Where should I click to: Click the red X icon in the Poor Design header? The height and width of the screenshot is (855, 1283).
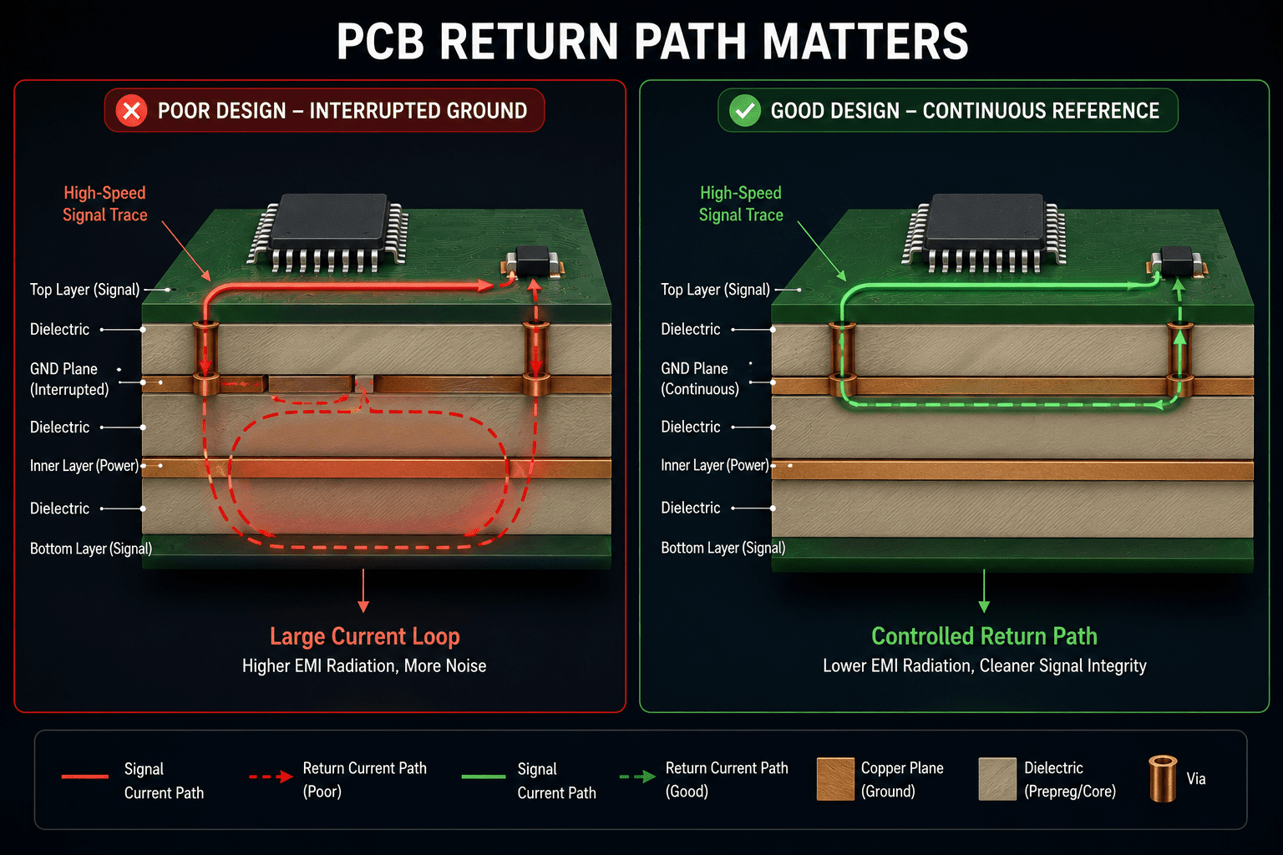(131, 110)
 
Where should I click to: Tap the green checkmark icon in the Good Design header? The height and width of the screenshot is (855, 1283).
(744, 110)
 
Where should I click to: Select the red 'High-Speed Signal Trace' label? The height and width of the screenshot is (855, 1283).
(104, 204)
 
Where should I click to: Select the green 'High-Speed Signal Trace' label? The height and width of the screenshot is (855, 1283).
(741, 204)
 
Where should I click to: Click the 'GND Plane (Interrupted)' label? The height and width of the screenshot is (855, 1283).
(68, 379)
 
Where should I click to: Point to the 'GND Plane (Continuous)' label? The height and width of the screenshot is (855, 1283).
(699, 378)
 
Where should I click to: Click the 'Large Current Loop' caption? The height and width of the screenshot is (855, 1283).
(365, 636)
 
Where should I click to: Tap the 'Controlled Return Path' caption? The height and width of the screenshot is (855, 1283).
(984, 636)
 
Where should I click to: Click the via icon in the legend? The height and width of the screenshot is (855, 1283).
(1163, 779)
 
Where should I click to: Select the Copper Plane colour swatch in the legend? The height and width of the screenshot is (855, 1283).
(835, 779)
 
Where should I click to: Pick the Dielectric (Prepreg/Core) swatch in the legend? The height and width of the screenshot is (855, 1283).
(997, 779)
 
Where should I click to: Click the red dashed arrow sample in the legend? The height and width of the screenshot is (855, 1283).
(271, 777)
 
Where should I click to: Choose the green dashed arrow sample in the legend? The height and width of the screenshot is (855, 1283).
(637, 777)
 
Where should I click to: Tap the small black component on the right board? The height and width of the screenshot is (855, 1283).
(1176, 261)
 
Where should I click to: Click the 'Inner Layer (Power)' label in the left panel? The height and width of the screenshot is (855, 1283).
(84, 466)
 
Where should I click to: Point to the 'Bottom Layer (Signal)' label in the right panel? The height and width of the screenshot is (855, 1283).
(723, 548)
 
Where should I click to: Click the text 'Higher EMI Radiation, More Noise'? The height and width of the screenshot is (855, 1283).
(364, 666)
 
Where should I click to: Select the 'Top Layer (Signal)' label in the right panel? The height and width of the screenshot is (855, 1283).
(715, 290)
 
